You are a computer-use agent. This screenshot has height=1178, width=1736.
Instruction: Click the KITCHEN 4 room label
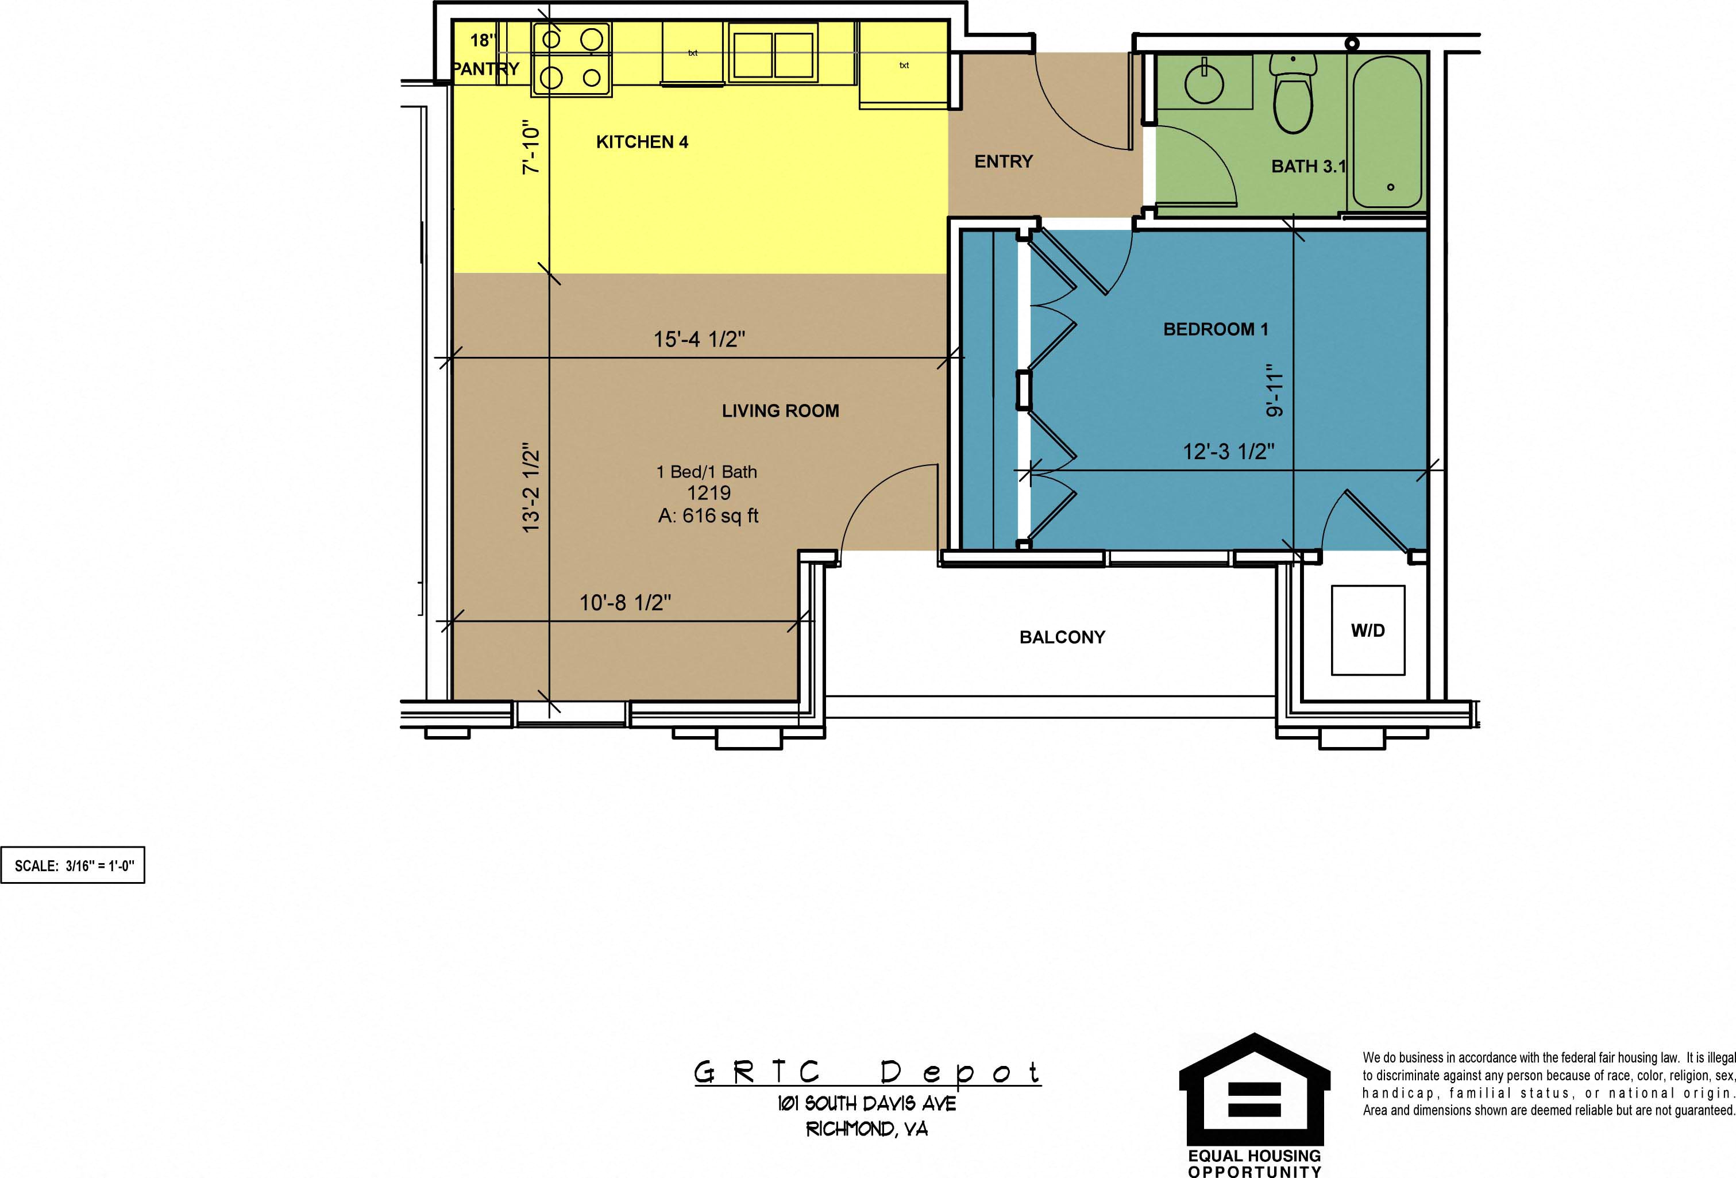(642, 142)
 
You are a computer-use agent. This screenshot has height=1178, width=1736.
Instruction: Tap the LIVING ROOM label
(781, 411)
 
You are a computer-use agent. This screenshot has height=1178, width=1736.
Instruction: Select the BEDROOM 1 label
(1216, 329)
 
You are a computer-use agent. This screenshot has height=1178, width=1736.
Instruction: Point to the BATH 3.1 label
(1308, 167)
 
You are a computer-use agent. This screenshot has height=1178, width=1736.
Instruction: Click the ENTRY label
(1003, 161)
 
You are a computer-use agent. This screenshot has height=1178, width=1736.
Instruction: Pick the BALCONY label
(1062, 637)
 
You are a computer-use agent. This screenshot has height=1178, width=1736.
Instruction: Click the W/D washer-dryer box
(1368, 630)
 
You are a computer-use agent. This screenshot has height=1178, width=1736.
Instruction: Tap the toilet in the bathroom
(1293, 93)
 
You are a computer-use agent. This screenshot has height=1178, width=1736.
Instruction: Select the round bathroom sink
(1204, 83)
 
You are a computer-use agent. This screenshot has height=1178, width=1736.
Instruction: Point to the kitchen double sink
(773, 52)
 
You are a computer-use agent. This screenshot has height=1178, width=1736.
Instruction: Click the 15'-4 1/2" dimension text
(699, 340)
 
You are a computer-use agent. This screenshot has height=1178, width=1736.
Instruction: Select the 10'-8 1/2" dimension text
(625, 603)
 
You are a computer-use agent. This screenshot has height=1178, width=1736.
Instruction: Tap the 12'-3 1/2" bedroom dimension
(1229, 451)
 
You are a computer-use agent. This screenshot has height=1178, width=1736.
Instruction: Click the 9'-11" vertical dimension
(1274, 390)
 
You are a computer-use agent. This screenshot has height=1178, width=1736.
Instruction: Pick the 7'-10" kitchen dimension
(530, 147)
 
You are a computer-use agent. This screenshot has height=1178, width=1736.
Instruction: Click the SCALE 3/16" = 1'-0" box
(72, 865)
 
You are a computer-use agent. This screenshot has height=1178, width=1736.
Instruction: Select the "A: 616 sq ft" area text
(708, 515)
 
